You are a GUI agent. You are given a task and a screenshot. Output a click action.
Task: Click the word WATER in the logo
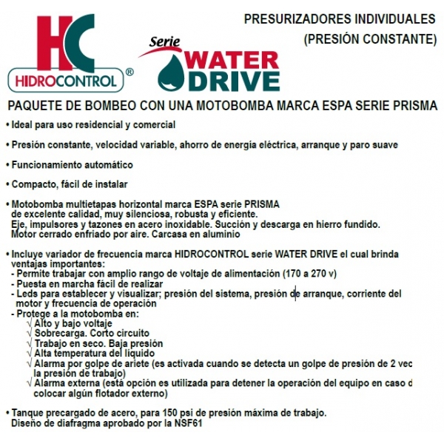[231, 58]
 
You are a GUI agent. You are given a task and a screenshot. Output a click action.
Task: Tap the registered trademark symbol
[129, 73]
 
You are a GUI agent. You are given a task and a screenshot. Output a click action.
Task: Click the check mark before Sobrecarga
[29, 334]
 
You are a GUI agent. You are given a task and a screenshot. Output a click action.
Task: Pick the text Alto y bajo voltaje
[73, 323]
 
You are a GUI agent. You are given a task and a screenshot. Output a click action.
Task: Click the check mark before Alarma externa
[29, 383]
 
